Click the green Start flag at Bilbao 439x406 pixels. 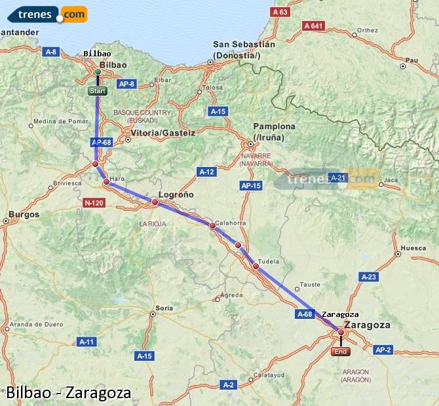tap(97, 91)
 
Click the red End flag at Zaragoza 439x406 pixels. tap(341, 352)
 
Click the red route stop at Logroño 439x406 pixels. tap(155, 202)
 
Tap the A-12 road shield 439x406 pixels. tap(206, 172)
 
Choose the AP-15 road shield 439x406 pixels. tap(251, 186)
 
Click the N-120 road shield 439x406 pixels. tap(94, 203)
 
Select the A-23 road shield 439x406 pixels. tap(369, 277)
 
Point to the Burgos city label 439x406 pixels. tap(24, 214)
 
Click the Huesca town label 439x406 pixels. tap(413, 248)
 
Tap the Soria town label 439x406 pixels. tap(164, 308)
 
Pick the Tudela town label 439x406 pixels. tap(269, 261)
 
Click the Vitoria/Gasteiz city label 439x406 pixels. tap(163, 132)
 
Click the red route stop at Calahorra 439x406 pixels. tap(212, 226)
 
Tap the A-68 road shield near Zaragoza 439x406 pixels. tap(305, 314)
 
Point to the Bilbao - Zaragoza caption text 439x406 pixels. tap(68, 393)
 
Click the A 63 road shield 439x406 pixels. tap(280, 12)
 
